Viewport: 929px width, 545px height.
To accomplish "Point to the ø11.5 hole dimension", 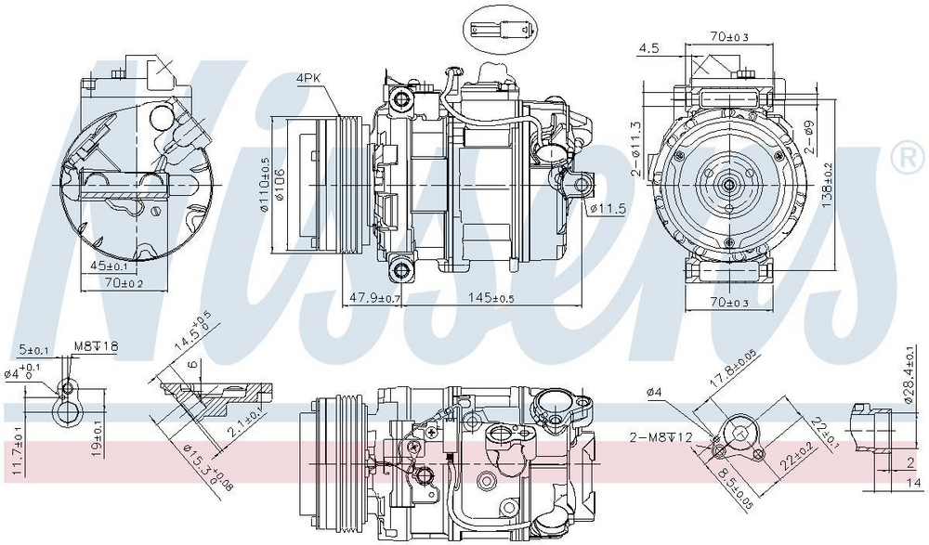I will (607, 208).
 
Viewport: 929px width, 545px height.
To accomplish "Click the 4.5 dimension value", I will (648, 48).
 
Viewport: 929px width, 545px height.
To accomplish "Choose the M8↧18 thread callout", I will (97, 347).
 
